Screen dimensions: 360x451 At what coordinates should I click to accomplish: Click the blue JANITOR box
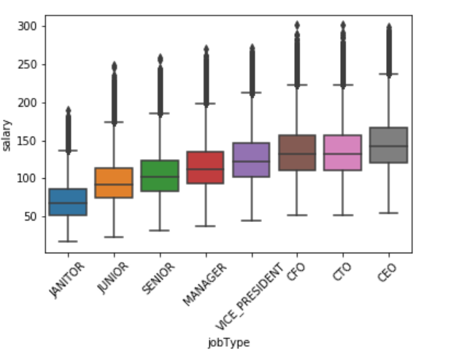[67, 202]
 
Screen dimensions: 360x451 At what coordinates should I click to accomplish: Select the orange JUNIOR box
[113, 183]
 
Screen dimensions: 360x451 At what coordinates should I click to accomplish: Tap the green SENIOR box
[159, 175]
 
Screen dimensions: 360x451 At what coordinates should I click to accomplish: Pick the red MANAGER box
[205, 167]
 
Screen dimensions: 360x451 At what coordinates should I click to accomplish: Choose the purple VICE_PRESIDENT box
[251, 159]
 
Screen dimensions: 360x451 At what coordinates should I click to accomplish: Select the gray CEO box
[389, 145]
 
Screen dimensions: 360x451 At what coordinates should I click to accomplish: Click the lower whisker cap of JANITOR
[67, 241]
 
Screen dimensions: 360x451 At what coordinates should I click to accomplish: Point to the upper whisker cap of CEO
[389, 74]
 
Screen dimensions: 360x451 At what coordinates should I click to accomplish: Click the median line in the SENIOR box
[159, 177]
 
